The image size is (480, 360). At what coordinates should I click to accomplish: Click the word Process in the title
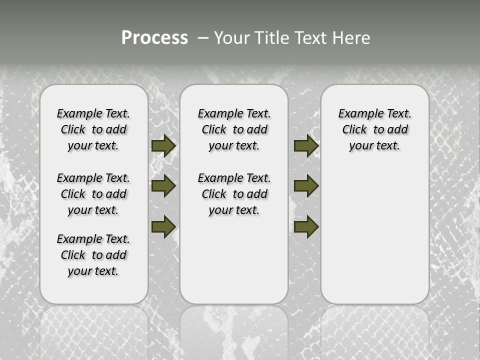(x=154, y=38)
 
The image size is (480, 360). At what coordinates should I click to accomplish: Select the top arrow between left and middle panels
(x=163, y=146)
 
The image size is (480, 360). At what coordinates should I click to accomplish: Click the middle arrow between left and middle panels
(x=163, y=186)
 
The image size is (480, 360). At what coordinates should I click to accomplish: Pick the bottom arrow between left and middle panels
(x=163, y=226)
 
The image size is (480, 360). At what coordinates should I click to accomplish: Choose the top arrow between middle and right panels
(x=306, y=146)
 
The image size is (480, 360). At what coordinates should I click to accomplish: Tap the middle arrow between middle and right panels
(x=306, y=186)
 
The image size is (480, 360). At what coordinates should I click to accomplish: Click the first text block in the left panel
(x=93, y=130)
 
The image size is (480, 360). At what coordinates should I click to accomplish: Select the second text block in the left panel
(x=93, y=194)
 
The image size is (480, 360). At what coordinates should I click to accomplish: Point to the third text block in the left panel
(x=93, y=255)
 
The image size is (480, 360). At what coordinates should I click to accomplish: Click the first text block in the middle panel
(x=234, y=130)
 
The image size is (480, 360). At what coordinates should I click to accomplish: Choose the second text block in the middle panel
(x=234, y=194)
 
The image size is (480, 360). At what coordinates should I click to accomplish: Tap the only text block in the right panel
(x=374, y=130)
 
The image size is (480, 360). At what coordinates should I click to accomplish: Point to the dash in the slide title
(x=203, y=38)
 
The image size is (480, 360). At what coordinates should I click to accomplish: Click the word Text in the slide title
(x=309, y=38)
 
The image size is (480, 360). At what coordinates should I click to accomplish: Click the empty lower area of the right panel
(x=374, y=240)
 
